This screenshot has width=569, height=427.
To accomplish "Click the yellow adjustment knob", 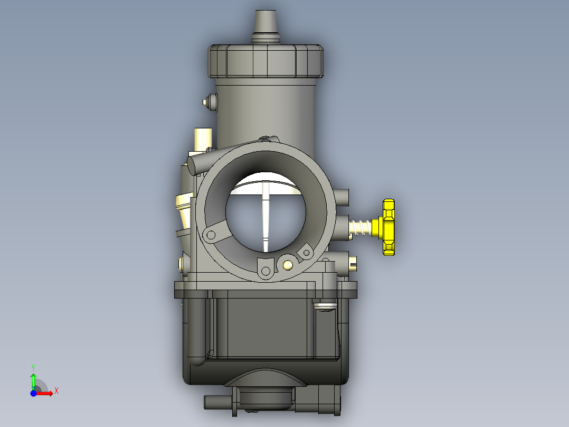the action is click(387, 227).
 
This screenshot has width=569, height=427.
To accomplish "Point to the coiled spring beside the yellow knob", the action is click(361, 227).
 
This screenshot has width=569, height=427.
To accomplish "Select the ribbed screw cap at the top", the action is click(265, 61).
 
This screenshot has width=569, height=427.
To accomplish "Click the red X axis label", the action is click(56, 391).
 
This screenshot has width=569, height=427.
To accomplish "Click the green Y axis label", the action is click(33, 368).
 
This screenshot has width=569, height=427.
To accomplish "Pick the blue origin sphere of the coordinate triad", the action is click(33, 393).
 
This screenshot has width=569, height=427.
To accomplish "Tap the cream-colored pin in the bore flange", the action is click(288, 265).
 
